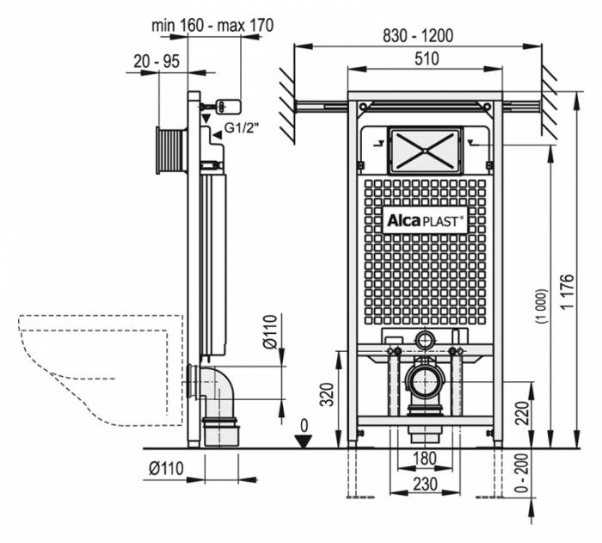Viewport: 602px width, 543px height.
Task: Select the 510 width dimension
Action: tap(426, 59)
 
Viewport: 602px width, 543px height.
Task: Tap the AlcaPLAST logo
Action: tap(424, 219)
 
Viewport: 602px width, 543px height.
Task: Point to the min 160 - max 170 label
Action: tap(212, 25)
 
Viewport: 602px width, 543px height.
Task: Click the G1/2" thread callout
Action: tap(242, 129)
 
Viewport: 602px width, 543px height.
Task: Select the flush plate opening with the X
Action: tap(425, 150)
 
